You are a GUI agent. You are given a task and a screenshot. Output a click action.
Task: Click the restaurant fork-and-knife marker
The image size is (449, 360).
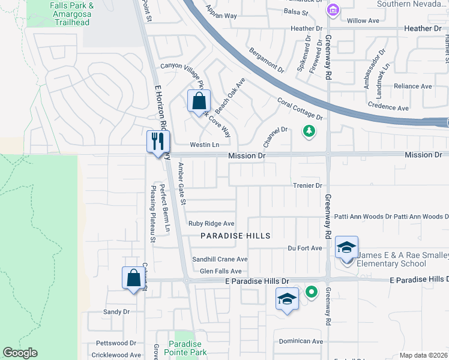click(x=158, y=142)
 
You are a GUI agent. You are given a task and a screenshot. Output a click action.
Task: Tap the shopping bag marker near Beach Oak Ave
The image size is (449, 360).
click(x=199, y=101)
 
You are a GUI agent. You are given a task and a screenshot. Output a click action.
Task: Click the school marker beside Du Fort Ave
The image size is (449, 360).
click(x=346, y=247)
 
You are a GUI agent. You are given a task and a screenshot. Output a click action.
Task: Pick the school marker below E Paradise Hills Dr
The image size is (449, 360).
click(x=288, y=299)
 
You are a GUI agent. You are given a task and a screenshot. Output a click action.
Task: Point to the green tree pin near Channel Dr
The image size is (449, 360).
click(x=309, y=130)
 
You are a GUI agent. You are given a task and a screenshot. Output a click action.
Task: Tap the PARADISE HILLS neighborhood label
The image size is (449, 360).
click(x=235, y=236)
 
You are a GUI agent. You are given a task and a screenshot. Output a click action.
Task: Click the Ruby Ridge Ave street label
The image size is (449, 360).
click(x=211, y=223)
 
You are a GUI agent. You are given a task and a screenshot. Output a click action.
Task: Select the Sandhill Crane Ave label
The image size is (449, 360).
click(x=220, y=259)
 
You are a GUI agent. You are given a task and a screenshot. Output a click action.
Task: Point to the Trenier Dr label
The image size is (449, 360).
click(x=308, y=185)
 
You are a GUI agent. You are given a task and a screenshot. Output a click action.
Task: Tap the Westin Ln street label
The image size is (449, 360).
click(x=205, y=145)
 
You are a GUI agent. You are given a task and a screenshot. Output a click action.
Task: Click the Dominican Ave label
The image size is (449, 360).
click(x=301, y=341)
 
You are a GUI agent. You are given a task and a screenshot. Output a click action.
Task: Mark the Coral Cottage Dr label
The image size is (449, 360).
click(x=300, y=109)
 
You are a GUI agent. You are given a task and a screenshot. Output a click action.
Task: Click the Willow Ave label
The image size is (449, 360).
click(x=363, y=20)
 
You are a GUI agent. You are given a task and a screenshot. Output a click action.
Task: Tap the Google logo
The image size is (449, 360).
click(x=20, y=353)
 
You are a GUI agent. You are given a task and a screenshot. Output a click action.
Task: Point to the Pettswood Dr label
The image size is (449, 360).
click(x=116, y=343)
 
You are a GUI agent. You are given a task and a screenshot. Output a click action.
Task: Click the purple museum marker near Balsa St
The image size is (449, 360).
click(x=332, y=10)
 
